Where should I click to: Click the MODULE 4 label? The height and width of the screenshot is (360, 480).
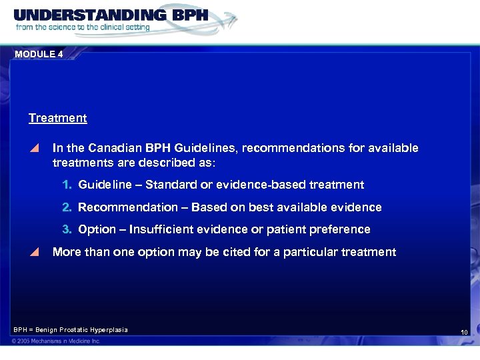(38, 55)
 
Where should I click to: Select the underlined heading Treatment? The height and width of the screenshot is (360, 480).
(57, 118)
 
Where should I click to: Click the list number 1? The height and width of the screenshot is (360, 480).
(67, 185)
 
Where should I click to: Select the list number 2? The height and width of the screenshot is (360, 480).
(67, 207)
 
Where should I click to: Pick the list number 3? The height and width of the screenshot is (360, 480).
(67, 229)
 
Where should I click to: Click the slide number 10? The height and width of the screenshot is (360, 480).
(464, 332)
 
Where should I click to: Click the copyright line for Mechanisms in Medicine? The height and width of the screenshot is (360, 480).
(57, 341)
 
